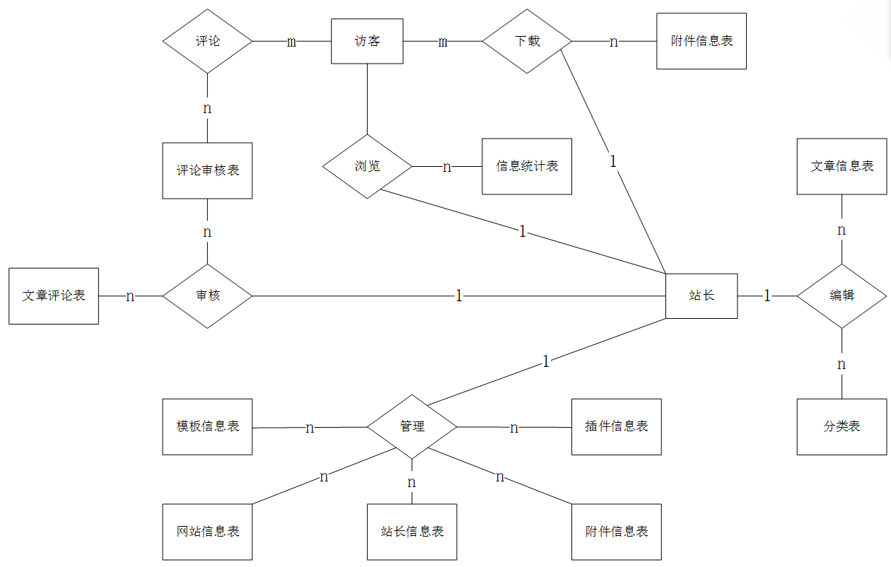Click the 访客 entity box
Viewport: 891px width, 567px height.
(x=367, y=41)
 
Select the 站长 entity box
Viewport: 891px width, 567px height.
(x=701, y=296)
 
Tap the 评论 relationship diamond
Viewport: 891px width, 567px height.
(x=207, y=41)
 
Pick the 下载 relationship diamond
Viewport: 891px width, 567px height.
(x=527, y=41)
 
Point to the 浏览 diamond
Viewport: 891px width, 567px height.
(x=367, y=167)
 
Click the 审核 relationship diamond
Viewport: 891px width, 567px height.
(x=207, y=296)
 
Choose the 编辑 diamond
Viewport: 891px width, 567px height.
(x=841, y=296)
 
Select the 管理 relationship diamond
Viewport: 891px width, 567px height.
(x=412, y=426)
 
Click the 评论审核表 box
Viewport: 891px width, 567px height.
(x=207, y=170)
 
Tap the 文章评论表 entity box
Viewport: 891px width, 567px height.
(x=54, y=296)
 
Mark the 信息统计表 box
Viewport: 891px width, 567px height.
(x=527, y=166)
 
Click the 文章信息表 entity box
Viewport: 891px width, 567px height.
(x=841, y=166)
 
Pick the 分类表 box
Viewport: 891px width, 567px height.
(x=841, y=426)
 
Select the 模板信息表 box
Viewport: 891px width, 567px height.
(x=207, y=426)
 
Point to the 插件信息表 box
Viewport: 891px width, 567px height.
(x=617, y=426)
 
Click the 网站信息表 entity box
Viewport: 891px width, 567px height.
(x=207, y=532)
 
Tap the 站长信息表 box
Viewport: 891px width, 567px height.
(x=412, y=532)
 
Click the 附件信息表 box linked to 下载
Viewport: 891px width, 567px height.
(x=701, y=41)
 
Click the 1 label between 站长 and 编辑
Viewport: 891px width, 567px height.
(x=767, y=296)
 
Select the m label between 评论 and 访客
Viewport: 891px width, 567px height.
(x=291, y=42)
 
